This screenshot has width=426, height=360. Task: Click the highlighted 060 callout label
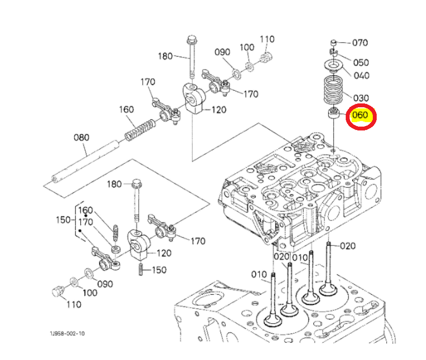(360, 115)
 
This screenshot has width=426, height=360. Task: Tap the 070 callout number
(360, 43)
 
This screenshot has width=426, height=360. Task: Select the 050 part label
(361, 62)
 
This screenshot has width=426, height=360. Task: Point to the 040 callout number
(361, 75)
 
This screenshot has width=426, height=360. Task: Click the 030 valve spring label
(361, 98)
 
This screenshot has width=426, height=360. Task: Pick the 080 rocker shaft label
(82, 137)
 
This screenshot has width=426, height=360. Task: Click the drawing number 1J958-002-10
(67, 333)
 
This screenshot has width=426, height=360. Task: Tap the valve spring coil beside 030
(333, 90)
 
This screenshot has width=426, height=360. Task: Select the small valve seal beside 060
(334, 113)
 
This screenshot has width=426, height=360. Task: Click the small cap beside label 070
(334, 43)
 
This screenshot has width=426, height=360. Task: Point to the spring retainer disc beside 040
(334, 65)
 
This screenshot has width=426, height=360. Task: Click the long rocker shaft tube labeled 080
(85, 161)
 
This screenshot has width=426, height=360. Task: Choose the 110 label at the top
(267, 39)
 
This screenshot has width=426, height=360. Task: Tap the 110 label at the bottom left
(74, 304)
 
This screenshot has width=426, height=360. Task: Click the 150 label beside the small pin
(159, 270)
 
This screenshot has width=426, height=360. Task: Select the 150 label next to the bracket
(63, 220)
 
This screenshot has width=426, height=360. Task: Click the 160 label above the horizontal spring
(127, 109)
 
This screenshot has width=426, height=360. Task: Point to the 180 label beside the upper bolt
(165, 56)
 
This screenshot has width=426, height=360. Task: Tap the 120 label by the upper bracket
(219, 110)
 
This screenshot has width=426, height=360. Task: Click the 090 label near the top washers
(222, 52)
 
